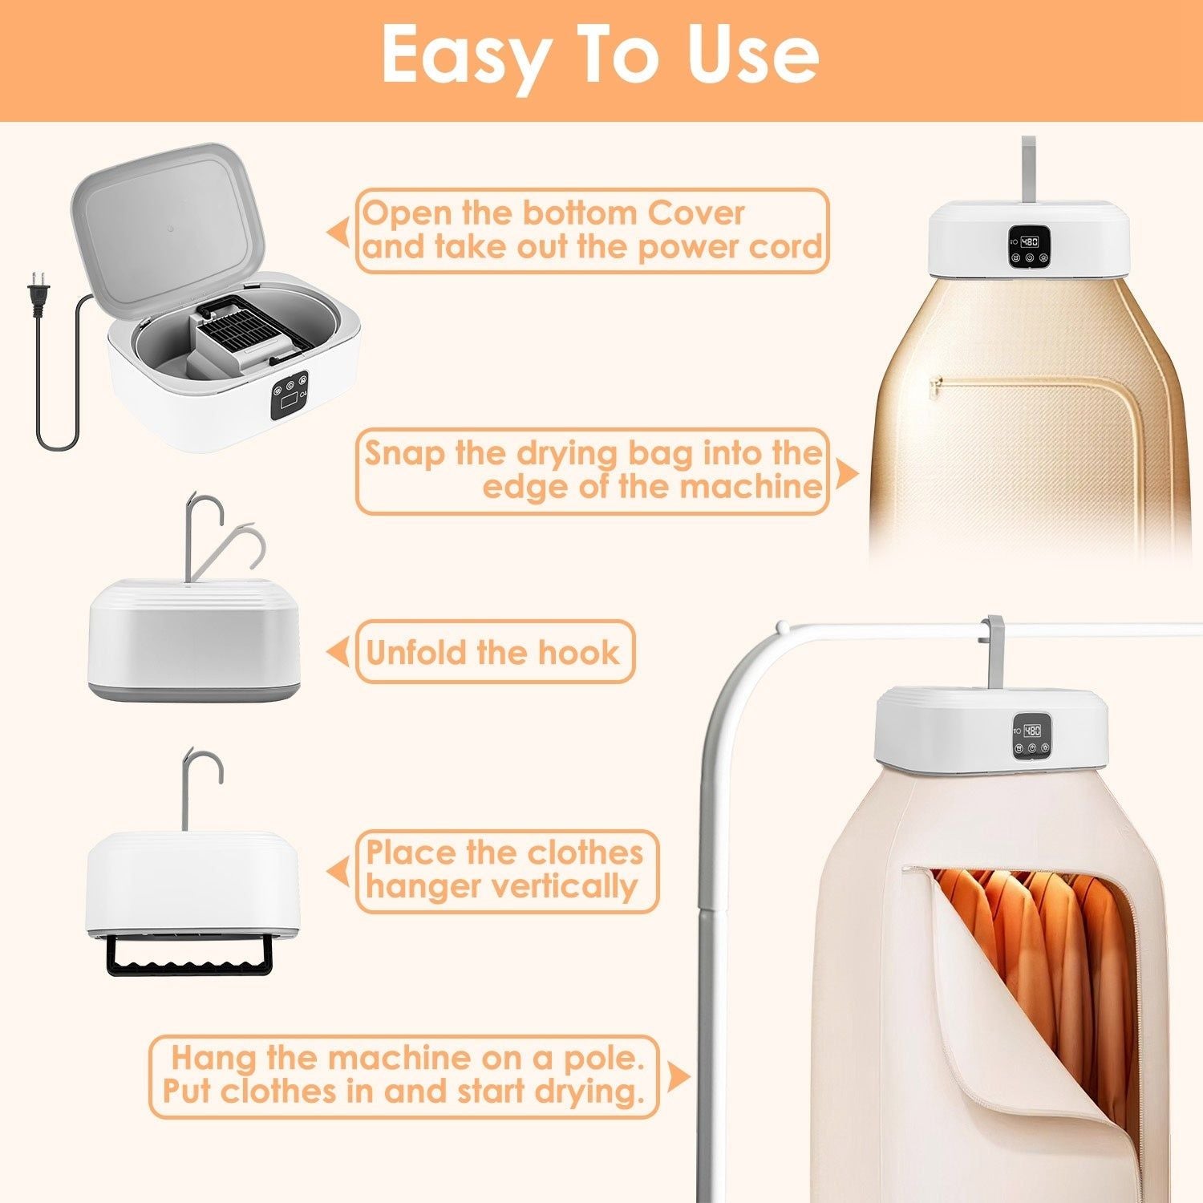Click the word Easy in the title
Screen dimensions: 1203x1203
[x=464, y=55]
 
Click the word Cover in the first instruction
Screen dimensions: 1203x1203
[x=696, y=213]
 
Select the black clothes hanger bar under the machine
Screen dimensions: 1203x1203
[x=189, y=954]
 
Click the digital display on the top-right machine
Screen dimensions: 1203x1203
[x=1030, y=241]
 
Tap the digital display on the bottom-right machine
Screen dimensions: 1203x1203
[x=1033, y=731]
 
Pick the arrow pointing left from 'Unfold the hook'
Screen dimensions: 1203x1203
[x=337, y=652]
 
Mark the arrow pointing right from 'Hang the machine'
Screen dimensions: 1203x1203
[x=678, y=1077]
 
